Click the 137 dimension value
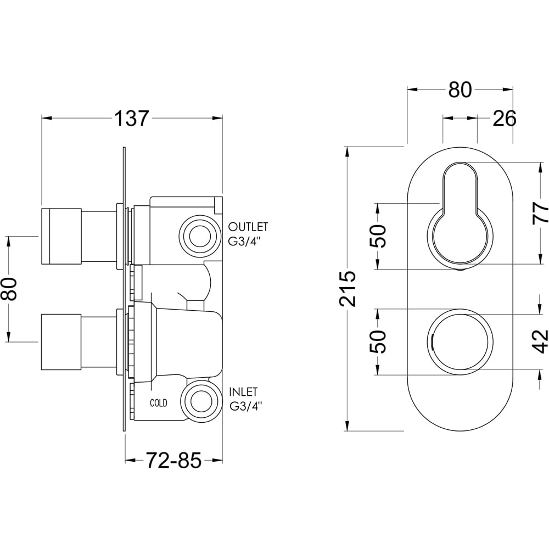(x=132, y=118)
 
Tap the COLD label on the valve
(x=159, y=403)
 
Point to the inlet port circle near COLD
(x=197, y=401)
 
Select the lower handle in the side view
(x=61, y=341)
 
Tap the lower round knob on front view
(x=460, y=341)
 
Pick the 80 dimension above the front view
(x=460, y=89)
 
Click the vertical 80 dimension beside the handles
(x=9, y=289)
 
